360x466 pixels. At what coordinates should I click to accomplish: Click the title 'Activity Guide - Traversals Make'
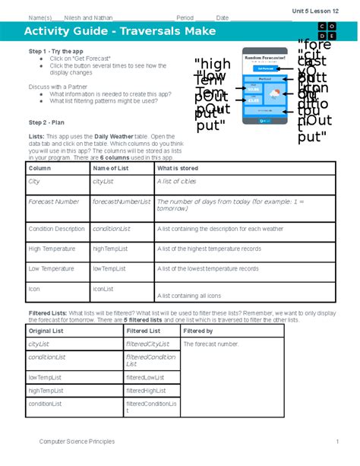pos(119,31)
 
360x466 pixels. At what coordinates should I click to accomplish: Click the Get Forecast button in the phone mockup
pos(264,68)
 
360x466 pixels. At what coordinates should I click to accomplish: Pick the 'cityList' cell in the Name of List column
pos(103,182)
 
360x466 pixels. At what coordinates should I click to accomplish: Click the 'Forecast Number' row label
pos(53,201)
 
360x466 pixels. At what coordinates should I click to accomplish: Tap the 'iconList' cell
pos(104,289)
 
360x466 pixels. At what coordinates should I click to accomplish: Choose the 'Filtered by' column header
pos(198,331)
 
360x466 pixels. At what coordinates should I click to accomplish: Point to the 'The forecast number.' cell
pos(211,344)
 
